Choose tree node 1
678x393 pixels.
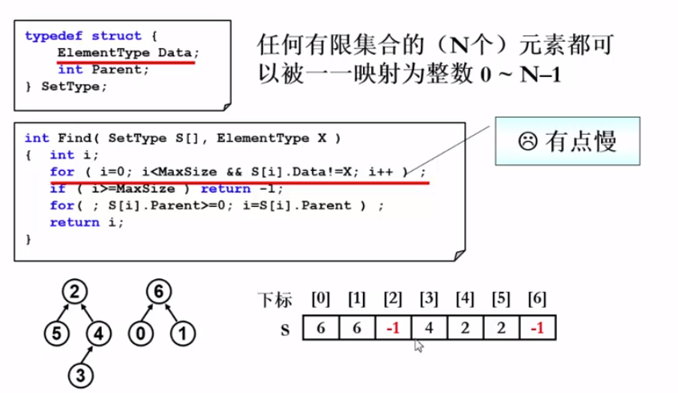[x=183, y=331]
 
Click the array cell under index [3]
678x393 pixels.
[x=429, y=329]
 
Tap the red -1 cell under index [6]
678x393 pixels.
[x=537, y=329]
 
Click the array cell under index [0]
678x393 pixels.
[x=321, y=329]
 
